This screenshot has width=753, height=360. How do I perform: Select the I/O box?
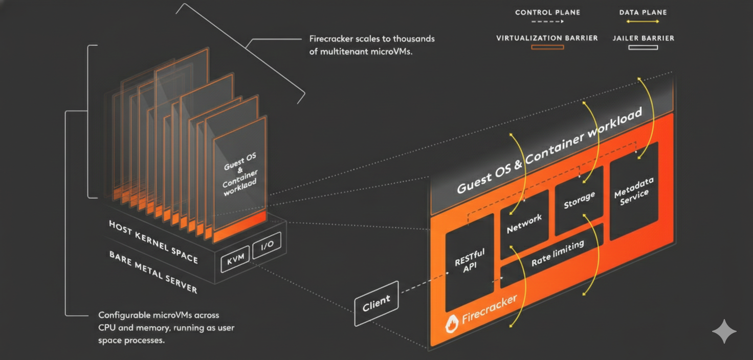click(267, 246)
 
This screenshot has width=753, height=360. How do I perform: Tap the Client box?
click(376, 303)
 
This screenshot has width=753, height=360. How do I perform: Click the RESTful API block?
click(470, 261)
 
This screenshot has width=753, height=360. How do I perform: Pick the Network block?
click(524, 224)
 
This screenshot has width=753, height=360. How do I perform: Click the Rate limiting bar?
click(557, 253)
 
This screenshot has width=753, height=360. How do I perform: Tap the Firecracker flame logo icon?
click(451, 324)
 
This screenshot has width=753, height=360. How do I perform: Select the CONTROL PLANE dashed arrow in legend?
click(547, 21)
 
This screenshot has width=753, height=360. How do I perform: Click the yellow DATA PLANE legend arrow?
click(643, 21)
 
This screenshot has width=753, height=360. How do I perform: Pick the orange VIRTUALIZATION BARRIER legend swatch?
click(547, 47)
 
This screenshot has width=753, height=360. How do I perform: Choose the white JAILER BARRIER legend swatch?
click(643, 47)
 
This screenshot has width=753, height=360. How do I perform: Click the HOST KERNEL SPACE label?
click(153, 241)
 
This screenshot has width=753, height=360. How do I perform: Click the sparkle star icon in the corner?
click(724, 332)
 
